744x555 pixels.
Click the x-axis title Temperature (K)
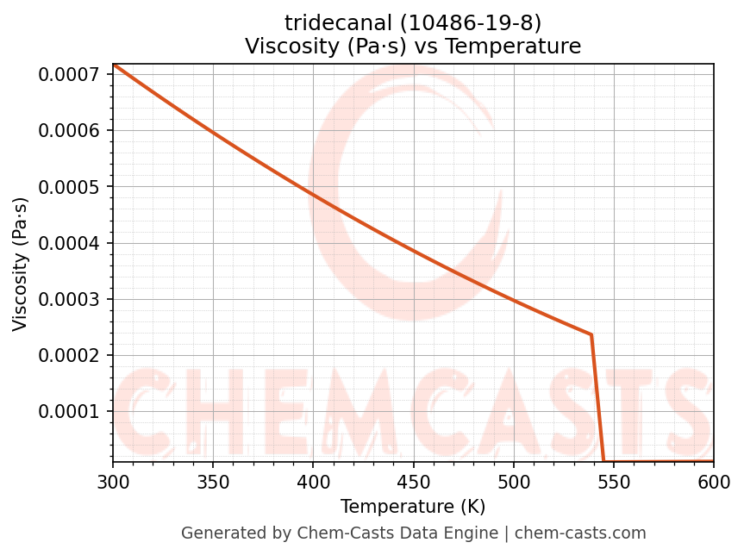click(413, 507)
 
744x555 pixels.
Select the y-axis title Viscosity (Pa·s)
click(21, 264)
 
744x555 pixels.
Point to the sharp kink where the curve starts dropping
click(591, 334)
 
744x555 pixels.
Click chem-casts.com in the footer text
click(580, 533)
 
